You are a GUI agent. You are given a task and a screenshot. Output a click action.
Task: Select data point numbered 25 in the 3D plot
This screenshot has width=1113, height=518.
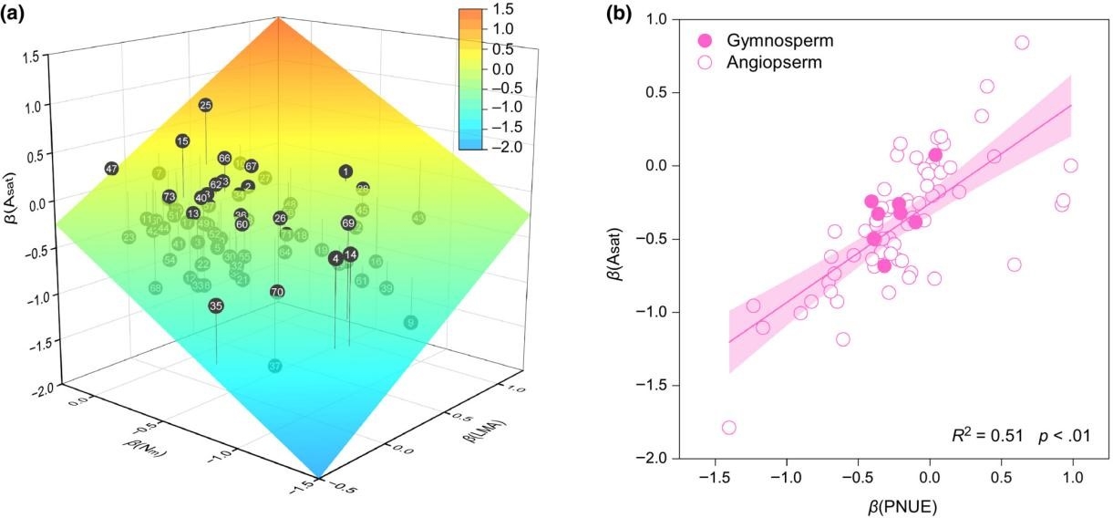pyautogui.click(x=205, y=106)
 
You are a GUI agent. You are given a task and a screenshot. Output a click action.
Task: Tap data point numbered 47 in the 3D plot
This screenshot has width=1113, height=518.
pyautogui.click(x=112, y=169)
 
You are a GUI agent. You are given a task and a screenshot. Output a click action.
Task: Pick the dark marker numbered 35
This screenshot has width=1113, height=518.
pyautogui.click(x=216, y=306)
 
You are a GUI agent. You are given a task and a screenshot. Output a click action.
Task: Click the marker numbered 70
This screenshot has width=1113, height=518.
pyautogui.click(x=278, y=292)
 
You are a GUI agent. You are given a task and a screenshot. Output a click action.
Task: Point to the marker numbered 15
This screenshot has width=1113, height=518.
pyautogui.click(x=183, y=140)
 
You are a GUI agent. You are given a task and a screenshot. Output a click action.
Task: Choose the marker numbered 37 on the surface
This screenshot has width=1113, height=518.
pyautogui.click(x=275, y=366)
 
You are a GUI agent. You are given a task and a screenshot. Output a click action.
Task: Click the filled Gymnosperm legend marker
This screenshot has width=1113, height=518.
pyautogui.click(x=704, y=41)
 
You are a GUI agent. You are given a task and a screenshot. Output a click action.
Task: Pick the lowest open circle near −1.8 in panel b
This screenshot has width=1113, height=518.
pyautogui.click(x=729, y=428)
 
